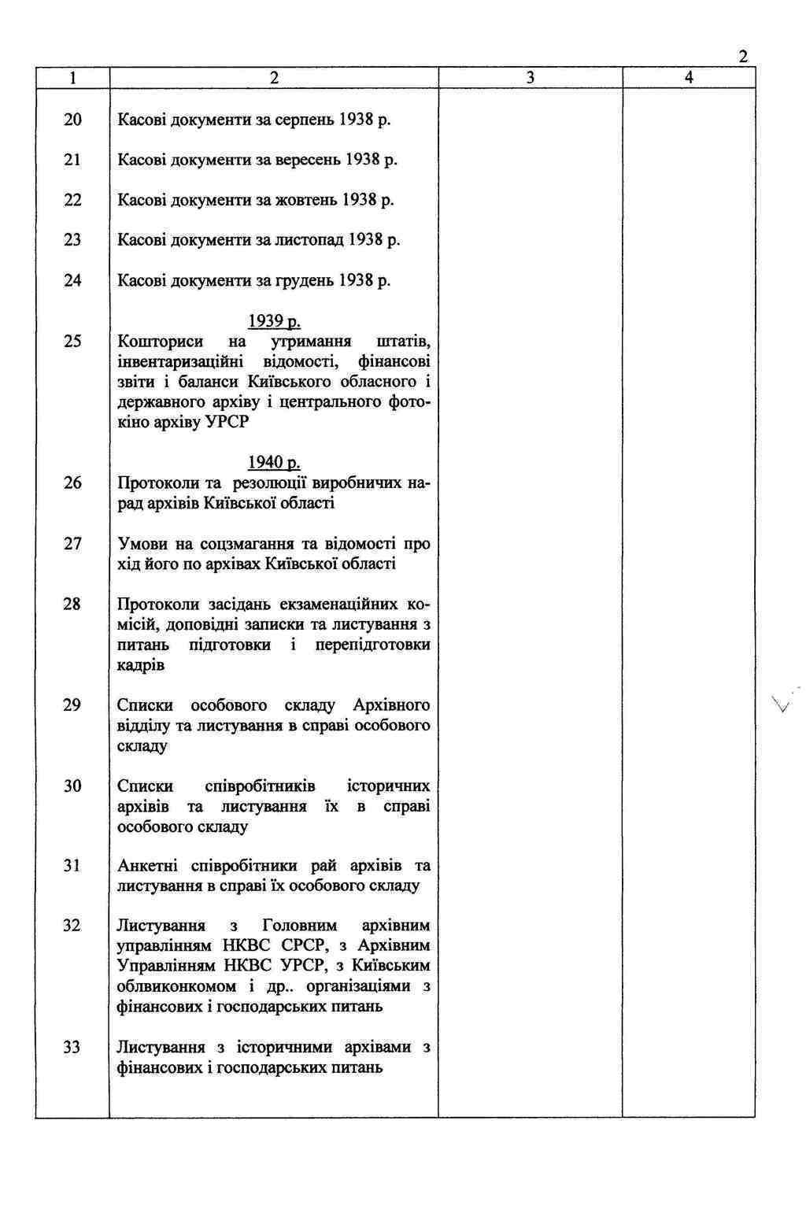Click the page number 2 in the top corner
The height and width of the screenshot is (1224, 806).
click(742, 57)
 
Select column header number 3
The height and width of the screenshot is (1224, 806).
click(530, 77)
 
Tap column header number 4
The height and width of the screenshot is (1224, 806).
click(689, 77)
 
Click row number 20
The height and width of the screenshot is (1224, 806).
click(72, 120)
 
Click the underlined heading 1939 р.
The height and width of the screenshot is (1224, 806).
click(274, 321)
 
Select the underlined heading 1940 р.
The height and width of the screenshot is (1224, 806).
click(274, 462)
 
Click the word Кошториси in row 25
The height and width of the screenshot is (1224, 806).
click(160, 342)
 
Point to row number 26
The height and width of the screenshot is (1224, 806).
click(72, 483)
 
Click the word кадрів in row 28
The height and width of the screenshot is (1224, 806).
click(141, 665)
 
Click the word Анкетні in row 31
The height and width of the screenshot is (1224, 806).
click(149, 866)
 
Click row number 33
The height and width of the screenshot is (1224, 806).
click(72, 1048)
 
